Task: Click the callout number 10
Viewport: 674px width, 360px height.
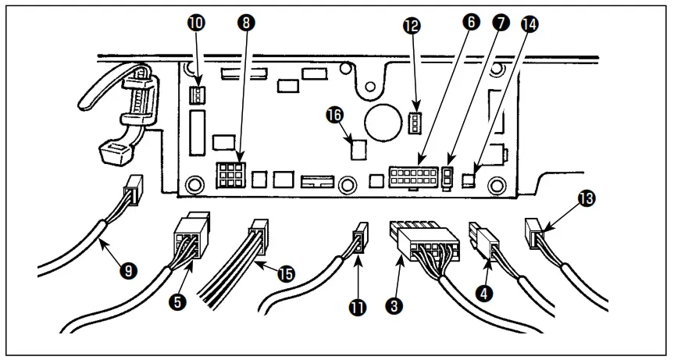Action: (x=196, y=24)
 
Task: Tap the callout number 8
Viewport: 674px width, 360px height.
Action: (x=247, y=23)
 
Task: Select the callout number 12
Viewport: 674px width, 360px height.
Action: (x=412, y=26)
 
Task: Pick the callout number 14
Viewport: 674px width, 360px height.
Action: (x=531, y=24)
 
